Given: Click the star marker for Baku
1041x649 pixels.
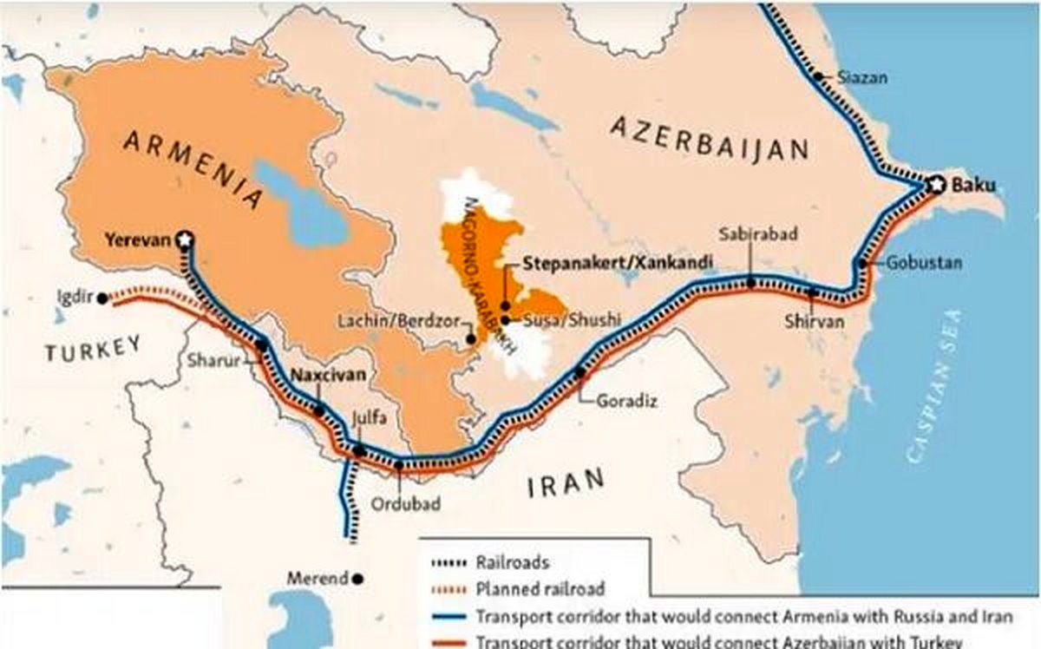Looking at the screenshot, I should (935, 185).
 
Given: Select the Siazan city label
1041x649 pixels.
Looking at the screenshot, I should (863, 77).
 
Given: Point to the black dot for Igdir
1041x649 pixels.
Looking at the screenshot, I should (102, 298).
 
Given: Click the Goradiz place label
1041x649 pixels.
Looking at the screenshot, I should (626, 401).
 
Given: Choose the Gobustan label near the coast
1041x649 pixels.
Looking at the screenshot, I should (924, 262).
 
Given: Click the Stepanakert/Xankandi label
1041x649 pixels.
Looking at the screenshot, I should (619, 261).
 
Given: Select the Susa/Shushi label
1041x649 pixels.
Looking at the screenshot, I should (572, 319).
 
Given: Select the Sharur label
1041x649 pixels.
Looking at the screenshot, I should (212, 361).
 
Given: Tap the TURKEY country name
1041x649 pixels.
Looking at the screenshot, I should (92, 349).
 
